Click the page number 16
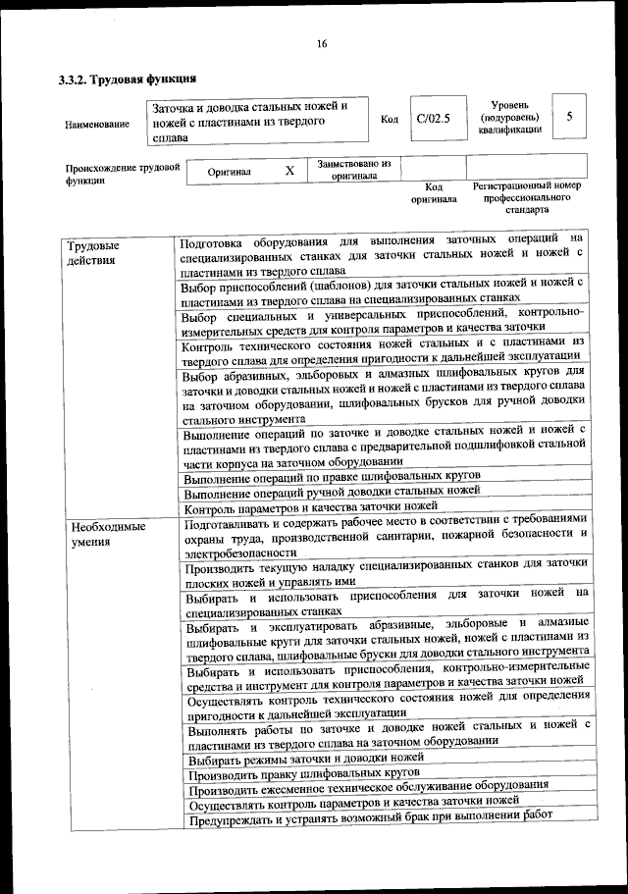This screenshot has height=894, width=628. coord(321,43)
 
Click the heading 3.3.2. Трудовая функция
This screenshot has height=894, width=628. coord(129,79)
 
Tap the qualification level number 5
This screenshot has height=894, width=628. coord(569,117)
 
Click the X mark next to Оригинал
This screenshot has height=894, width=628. coord(289,171)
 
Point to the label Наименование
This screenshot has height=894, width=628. coord(96,125)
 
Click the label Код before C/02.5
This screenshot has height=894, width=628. coord(389,120)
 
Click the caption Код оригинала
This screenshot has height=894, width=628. coord(434,192)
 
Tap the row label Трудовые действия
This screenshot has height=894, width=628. coord(91,252)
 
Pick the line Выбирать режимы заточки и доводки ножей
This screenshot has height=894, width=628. coord(305,759)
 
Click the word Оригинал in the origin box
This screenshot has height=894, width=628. coord(230,172)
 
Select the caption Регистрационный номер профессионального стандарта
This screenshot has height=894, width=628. coord(527,197)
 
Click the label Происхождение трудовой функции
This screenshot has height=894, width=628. coord(122,174)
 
